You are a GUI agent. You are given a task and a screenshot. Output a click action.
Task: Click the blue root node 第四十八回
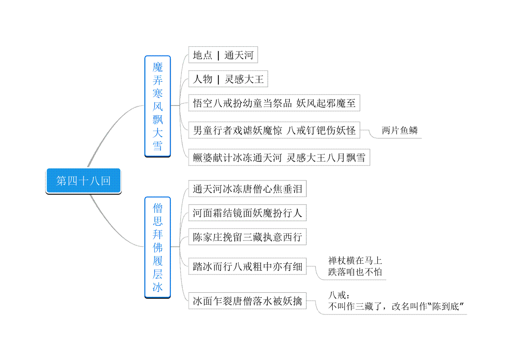(83, 181)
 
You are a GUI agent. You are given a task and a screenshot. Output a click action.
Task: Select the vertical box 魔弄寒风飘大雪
(158, 106)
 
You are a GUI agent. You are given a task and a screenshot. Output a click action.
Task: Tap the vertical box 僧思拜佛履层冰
(158, 247)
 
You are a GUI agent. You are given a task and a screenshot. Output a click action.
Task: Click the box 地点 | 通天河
(223, 55)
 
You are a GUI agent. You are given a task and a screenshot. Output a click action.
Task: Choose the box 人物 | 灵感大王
(228, 79)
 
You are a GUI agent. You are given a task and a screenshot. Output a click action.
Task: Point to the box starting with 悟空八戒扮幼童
(274, 103)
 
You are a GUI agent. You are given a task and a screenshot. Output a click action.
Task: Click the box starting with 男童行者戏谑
(274, 130)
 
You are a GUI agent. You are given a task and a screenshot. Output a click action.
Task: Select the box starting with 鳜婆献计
(279, 157)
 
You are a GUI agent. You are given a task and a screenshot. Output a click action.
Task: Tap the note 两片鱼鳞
(400, 130)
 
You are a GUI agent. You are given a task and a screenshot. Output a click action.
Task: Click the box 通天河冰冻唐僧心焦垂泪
(247, 189)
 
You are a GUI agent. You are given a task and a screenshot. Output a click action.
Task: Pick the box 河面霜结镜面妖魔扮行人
(247, 213)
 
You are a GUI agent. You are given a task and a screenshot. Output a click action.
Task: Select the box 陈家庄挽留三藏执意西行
(247, 237)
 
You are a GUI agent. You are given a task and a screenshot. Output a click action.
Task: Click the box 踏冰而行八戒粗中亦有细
(247, 266)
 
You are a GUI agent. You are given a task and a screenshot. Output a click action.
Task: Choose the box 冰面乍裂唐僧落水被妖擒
(247, 301)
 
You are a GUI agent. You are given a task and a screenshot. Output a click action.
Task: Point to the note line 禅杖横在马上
(355, 260)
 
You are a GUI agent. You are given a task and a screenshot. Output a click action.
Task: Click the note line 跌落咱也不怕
(355, 272)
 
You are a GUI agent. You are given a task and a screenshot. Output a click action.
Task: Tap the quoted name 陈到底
(445, 306)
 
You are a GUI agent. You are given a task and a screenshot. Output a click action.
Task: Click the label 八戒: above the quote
(339, 295)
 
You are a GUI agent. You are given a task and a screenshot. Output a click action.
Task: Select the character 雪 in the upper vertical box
(158, 146)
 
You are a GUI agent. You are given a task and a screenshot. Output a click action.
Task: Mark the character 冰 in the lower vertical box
(158, 287)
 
